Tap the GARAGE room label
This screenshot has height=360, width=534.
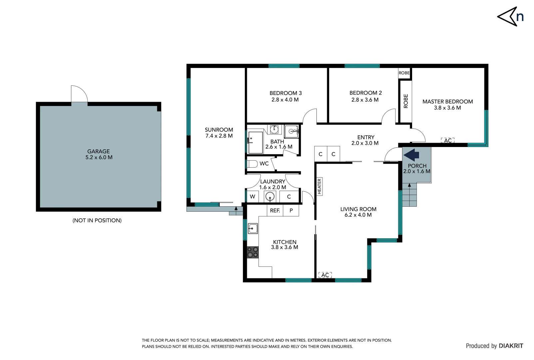98,151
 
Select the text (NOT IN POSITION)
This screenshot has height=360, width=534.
97,220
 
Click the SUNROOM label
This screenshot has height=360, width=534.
219,130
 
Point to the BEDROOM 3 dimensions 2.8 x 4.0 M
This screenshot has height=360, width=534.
285,100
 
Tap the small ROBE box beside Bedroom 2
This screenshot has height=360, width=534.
404,73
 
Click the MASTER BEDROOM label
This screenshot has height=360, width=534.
447,101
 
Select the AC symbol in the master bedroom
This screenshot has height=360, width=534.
448,140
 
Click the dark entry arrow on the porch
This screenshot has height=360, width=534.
412,155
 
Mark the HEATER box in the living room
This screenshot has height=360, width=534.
319,186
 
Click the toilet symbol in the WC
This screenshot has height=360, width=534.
252,164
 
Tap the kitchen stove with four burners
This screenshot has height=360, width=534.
253,252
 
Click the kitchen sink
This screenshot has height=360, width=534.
253,229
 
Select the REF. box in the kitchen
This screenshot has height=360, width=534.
275,211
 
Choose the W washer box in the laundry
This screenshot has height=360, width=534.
253,197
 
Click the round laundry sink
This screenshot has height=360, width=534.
270,197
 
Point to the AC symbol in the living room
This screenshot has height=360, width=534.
325,275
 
